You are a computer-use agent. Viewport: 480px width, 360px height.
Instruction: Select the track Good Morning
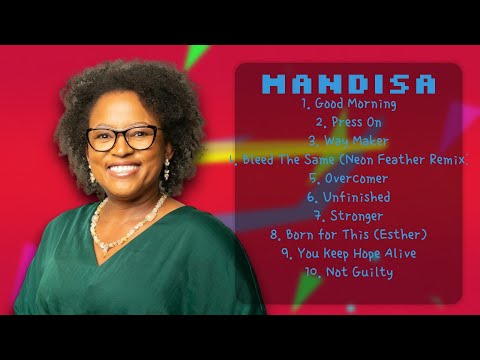[x=349, y=103]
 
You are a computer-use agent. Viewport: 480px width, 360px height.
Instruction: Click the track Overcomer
[x=349, y=178]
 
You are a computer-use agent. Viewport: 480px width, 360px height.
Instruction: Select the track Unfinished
[x=349, y=197]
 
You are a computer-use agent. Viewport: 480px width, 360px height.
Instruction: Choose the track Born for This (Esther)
[x=349, y=234]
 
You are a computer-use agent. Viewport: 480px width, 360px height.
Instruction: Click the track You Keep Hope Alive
[x=349, y=253]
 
